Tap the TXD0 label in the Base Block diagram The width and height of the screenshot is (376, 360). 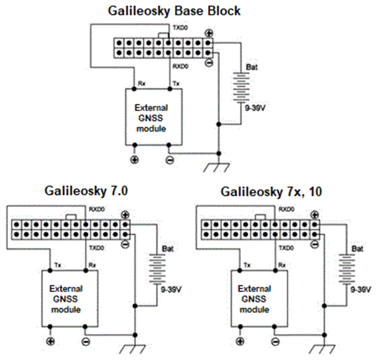[x=180, y=28]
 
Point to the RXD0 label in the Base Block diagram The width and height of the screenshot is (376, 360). [x=180, y=65]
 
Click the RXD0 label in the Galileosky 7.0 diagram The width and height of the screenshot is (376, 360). [x=96, y=209]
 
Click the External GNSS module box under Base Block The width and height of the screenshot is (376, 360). [x=151, y=116]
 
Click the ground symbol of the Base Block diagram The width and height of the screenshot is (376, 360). [x=217, y=166]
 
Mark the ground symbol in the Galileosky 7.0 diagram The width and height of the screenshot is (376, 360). [x=135, y=348]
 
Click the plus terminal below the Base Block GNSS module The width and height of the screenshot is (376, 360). [x=134, y=160]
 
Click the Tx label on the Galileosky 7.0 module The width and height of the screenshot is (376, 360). [x=58, y=265]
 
